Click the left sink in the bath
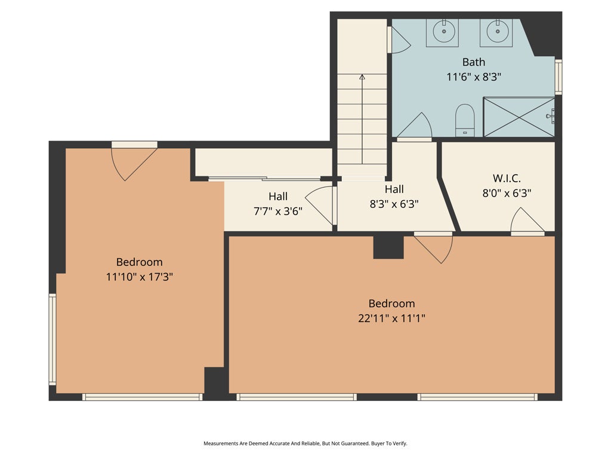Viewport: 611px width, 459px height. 442,32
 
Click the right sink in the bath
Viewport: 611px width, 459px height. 496,32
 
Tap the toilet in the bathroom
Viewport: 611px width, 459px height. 464,120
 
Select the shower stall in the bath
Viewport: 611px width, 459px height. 519,117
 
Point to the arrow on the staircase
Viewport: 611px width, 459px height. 362,77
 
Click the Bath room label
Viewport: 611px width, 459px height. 474,62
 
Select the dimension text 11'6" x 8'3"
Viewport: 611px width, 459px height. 474,76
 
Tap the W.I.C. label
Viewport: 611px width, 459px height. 507,178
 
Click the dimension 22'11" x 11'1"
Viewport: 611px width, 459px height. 391,318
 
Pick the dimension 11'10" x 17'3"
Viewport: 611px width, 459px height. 139,277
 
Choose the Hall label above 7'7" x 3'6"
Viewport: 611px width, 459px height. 277,196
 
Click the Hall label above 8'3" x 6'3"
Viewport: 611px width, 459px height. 394,189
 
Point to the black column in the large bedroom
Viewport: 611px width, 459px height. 388,246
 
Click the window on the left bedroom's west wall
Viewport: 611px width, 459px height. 53,339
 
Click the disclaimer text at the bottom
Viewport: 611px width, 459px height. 305,443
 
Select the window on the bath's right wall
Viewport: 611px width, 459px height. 558,76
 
